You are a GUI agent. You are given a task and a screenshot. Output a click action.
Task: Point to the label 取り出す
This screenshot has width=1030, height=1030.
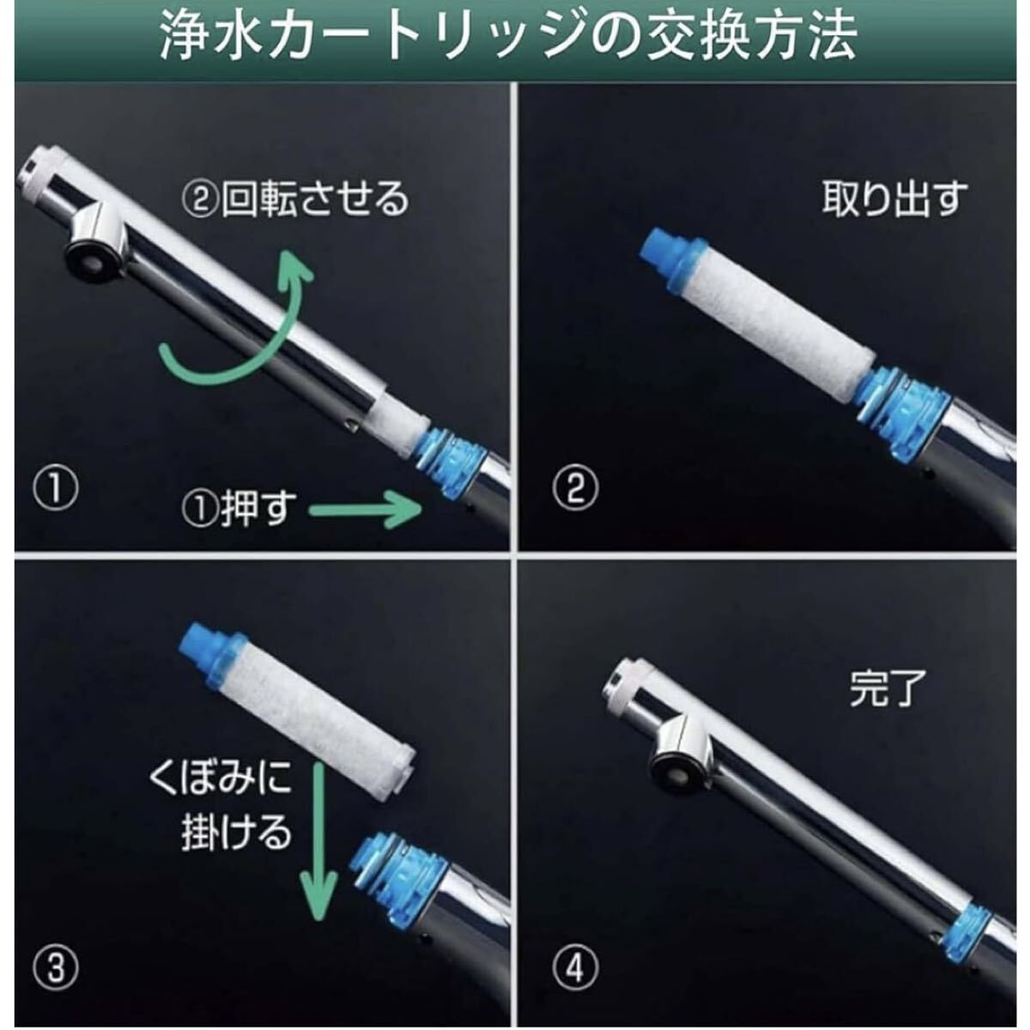tap(894, 199)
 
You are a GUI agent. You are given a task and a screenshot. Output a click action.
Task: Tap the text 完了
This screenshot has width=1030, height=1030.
tap(888, 688)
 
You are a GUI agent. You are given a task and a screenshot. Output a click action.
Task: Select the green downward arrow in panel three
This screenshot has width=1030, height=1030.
tap(319, 840)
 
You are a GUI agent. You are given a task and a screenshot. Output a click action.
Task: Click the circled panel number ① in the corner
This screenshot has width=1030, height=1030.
tap(56, 489)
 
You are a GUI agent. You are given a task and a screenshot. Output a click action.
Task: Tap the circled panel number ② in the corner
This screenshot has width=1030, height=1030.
tap(576, 489)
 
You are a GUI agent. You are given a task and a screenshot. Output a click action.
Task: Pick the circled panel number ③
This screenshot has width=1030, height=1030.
tap(56, 967)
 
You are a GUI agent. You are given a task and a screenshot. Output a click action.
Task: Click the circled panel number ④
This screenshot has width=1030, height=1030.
tap(576, 967)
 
